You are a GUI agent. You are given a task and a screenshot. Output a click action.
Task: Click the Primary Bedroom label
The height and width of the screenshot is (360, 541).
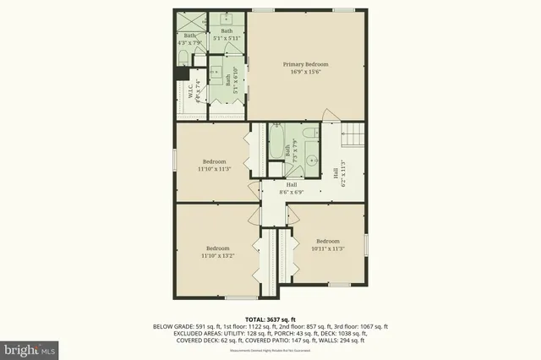[305, 64]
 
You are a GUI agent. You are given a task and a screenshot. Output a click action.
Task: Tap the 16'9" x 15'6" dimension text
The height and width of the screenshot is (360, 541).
[305, 73]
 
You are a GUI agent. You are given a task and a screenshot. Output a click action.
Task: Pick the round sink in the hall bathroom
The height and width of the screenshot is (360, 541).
[310, 158]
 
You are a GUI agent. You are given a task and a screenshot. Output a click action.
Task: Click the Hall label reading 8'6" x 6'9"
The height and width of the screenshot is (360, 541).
[291, 188]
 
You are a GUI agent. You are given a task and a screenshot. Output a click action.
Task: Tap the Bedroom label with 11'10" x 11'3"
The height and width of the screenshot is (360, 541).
[214, 166]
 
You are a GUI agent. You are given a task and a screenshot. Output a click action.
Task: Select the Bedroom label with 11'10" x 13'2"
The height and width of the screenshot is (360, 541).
[217, 252]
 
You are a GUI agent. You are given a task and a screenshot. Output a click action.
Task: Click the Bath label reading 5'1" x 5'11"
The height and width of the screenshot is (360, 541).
[227, 35]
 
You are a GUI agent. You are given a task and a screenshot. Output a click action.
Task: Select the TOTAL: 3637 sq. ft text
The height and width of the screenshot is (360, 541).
[270, 319]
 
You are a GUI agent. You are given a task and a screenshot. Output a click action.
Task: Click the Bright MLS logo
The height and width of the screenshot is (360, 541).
[30, 347]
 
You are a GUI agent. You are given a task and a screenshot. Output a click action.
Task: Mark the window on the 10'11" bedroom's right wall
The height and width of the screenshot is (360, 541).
[366, 245]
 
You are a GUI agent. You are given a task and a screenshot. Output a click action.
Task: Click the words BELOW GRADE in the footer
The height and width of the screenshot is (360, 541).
[174, 326]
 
